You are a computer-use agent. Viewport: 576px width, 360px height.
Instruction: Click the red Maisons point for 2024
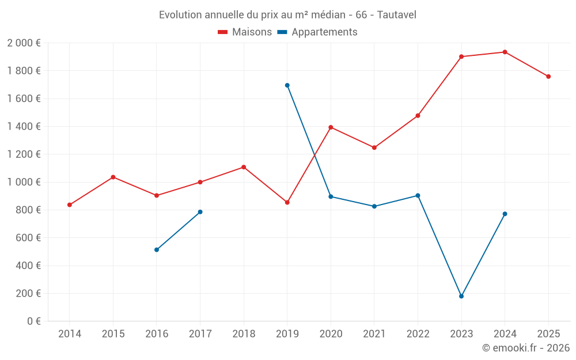click(505, 52)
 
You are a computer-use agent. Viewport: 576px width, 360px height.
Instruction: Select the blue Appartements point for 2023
click(461, 296)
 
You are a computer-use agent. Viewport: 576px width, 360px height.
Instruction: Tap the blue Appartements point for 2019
click(287, 85)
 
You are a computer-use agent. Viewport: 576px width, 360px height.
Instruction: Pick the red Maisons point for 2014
click(70, 205)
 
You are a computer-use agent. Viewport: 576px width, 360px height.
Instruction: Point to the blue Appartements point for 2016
click(157, 250)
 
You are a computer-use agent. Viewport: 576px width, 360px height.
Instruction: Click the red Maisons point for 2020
click(331, 127)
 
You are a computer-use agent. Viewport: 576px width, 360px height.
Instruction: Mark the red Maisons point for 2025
click(548, 77)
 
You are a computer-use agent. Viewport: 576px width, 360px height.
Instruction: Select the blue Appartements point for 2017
click(200, 212)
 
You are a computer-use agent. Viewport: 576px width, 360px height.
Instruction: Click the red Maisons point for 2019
click(287, 202)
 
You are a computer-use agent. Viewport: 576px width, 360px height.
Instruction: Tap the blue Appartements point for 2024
click(505, 214)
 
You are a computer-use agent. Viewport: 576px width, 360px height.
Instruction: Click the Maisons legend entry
click(245, 32)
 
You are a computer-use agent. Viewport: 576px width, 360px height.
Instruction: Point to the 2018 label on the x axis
click(244, 334)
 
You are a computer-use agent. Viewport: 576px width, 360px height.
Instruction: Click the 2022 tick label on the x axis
click(418, 334)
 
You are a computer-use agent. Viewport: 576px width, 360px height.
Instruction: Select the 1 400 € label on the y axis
click(24, 126)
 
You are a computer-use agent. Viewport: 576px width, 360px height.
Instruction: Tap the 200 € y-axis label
click(28, 293)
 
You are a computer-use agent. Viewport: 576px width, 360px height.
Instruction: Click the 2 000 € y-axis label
click(24, 43)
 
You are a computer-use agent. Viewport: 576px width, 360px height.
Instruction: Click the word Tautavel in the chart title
click(396, 14)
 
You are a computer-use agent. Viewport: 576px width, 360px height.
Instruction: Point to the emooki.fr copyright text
click(526, 348)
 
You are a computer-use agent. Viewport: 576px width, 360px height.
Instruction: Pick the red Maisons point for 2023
click(461, 56)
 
